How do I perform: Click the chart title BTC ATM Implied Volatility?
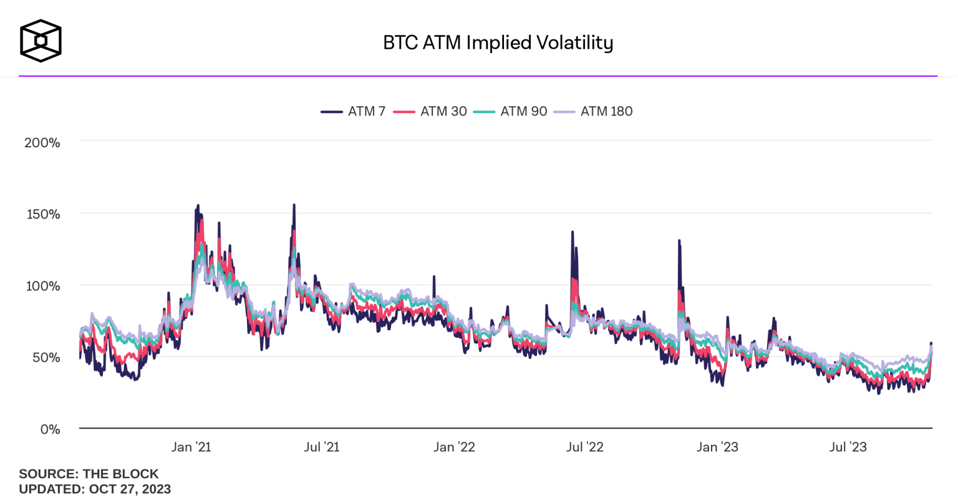498,42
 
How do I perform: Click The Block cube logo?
41,41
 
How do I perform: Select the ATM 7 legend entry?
354,111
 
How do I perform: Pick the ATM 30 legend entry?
430,111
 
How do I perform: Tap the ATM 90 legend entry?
510,111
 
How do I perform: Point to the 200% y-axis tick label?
42,143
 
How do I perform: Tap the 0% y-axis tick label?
49,429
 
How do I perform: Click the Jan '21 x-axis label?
191,447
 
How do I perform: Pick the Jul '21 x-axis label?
322,447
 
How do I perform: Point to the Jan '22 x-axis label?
454,447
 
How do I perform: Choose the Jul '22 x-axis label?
585,447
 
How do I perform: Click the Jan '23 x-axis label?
717,447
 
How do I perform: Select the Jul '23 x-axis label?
848,447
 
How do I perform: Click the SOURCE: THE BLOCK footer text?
89,474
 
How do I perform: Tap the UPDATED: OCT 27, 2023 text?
95,489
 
